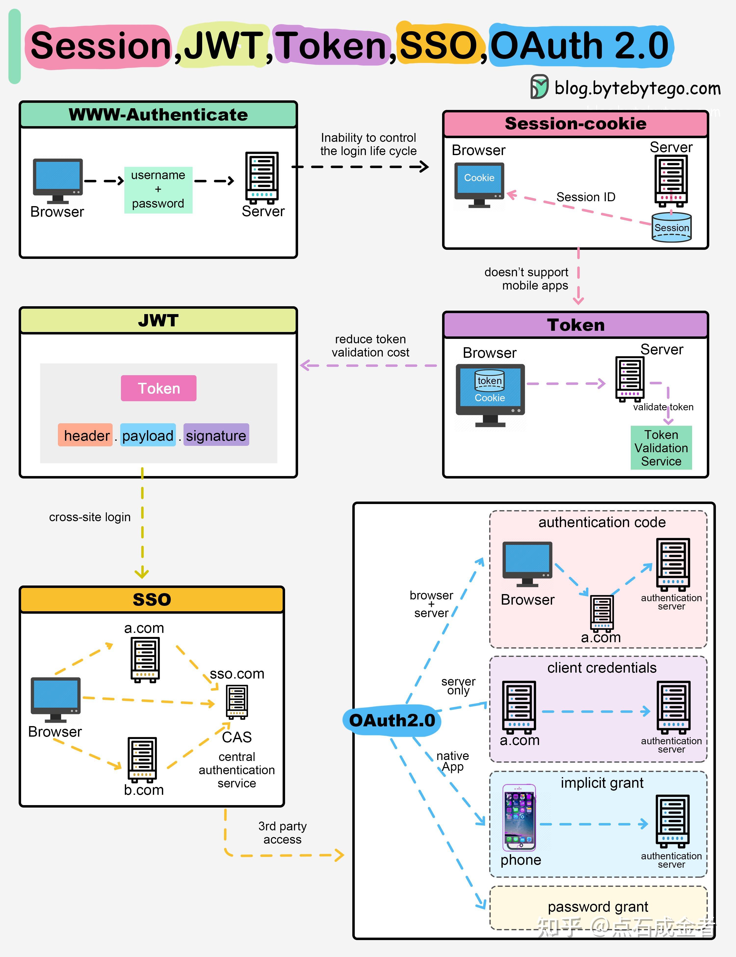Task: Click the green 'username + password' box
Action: click(x=158, y=190)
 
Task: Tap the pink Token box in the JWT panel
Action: click(x=158, y=388)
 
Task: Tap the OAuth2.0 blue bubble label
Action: click(x=392, y=720)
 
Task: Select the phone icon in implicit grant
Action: click(x=519, y=817)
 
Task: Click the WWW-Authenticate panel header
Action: click(x=158, y=115)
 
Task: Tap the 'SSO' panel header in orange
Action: click(x=152, y=599)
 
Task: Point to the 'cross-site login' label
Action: click(x=90, y=517)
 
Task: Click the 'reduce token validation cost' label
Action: click(x=370, y=346)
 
